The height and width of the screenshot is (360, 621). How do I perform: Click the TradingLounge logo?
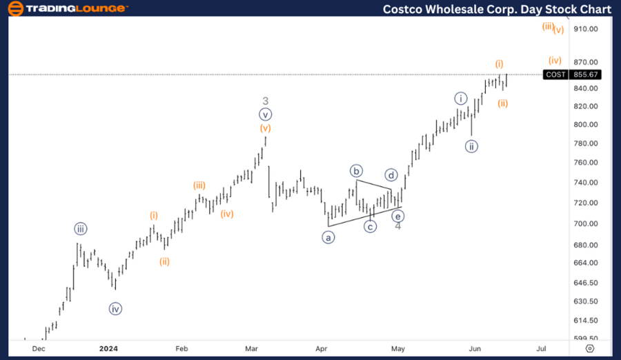67,9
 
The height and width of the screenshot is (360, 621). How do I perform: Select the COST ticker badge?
555,74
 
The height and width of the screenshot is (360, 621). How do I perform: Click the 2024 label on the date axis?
108,349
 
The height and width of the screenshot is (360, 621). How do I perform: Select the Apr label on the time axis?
321,349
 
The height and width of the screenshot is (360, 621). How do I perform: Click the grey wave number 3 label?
265,101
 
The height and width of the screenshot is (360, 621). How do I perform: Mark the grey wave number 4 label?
398,226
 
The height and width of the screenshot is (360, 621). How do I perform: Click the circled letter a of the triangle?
328,237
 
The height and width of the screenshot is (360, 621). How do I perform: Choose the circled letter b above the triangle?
356,171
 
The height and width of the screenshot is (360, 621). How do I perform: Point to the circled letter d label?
391,174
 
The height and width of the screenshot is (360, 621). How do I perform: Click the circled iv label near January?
115,309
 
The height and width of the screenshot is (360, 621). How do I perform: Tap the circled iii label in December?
81,229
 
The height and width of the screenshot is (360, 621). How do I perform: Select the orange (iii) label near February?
199,185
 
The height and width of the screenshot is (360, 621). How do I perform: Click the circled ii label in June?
471,146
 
